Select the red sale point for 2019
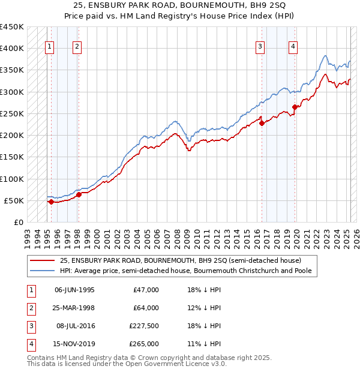coord(295,107)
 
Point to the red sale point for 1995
coord(51,202)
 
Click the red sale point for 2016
coord(262,123)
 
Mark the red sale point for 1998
coord(79,194)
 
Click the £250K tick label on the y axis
coord(12,113)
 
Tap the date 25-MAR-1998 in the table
coord(75,308)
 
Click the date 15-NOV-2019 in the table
coord(75,344)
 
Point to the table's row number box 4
coord(29,344)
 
